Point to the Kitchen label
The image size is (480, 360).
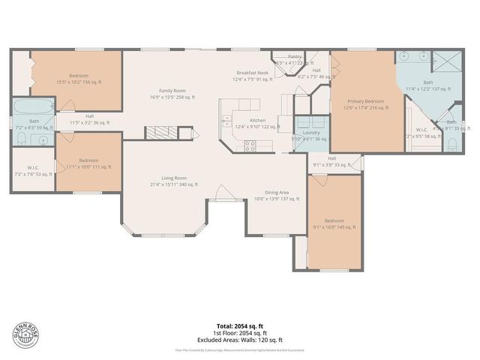point(257,121)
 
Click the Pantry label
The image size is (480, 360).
point(295,56)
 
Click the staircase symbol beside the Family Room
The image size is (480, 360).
point(160,133)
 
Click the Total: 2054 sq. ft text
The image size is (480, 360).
point(239,325)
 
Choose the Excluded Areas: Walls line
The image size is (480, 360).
point(239,338)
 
